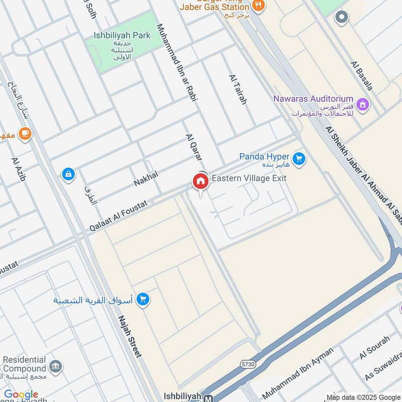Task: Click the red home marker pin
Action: pos(200,181)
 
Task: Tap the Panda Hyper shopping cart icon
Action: pos(299,159)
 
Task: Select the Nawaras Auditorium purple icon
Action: pos(363,105)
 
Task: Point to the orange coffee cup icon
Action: pos(25,134)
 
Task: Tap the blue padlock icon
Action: pos(68,174)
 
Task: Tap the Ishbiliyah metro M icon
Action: pos(208,397)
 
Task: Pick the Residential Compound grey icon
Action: pos(56,365)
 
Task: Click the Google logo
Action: pos(21,395)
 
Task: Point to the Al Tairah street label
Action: pos(238,89)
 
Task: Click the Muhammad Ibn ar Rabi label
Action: pos(177,63)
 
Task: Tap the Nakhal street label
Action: pos(146,179)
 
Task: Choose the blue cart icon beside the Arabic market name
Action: pos(143,299)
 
